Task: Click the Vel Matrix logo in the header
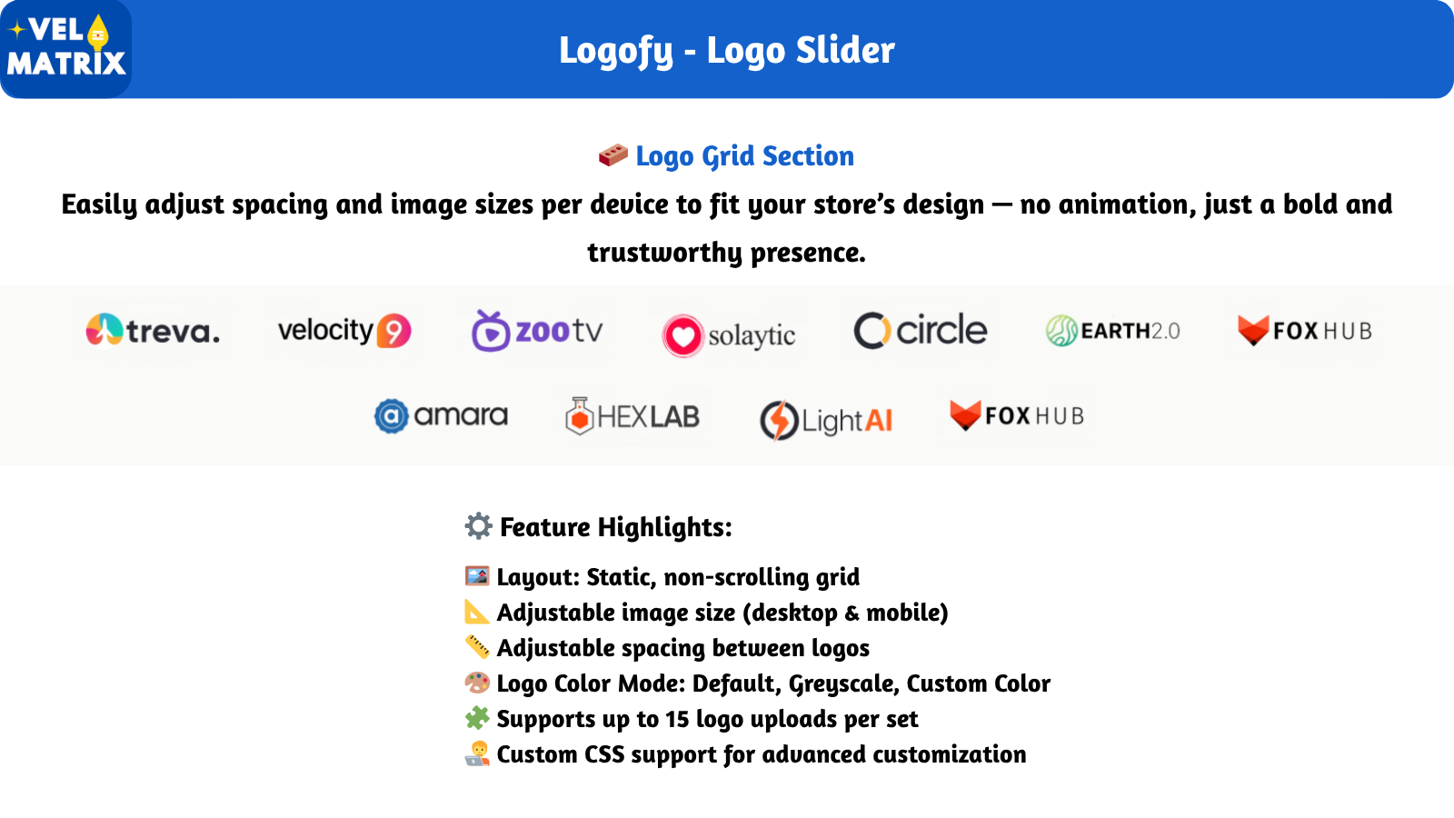pyautogui.click(x=65, y=49)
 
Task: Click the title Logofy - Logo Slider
pyautogui.click(x=727, y=51)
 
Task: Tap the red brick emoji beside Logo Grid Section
pyautogui.click(x=612, y=155)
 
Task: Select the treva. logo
pyautogui.click(x=154, y=331)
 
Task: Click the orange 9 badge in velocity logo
pyautogui.click(x=394, y=331)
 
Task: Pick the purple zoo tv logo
pyautogui.click(x=537, y=331)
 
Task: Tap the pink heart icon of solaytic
pyautogui.click(x=682, y=335)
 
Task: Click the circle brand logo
pyautogui.click(x=921, y=331)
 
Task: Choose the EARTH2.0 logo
pyautogui.click(x=1112, y=331)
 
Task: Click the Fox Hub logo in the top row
pyautogui.click(x=1305, y=331)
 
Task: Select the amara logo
pyautogui.click(x=441, y=416)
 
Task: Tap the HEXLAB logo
pyautogui.click(x=632, y=416)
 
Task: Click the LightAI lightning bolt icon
pyautogui.click(x=779, y=420)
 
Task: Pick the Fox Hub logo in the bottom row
pyautogui.click(x=1017, y=416)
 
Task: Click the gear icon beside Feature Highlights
pyautogui.click(x=478, y=526)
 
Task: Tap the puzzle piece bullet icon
pyautogui.click(x=477, y=718)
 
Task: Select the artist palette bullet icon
pyautogui.click(x=477, y=683)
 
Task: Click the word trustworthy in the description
pyautogui.click(x=664, y=253)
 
